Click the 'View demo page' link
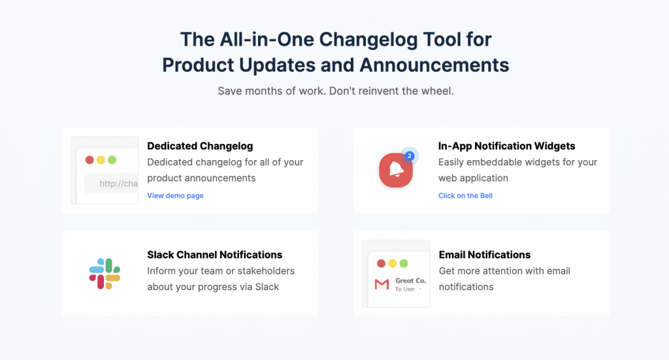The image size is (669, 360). tap(175, 195)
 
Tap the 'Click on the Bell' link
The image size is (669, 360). tap(465, 195)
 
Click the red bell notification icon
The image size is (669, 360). tap(395, 170)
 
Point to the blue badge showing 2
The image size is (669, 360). tap(410, 155)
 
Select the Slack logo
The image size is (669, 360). tap(105, 273)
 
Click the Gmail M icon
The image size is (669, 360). tap(382, 284)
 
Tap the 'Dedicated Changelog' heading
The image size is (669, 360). tap(200, 146)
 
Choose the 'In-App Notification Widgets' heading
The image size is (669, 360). tap(506, 146)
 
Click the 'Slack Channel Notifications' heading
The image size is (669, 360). tap(214, 255)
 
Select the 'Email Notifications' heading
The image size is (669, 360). tap(485, 255)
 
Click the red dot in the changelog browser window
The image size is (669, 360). tap(90, 160)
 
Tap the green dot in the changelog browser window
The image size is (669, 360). tap(112, 160)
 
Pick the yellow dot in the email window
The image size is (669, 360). tap(393, 263)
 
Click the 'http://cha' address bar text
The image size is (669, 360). tap(119, 184)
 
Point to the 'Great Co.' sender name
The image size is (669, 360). tap(410, 280)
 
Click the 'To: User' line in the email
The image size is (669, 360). tap(405, 289)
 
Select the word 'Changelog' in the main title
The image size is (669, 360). tap(368, 40)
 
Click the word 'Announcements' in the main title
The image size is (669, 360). tap(434, 65)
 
